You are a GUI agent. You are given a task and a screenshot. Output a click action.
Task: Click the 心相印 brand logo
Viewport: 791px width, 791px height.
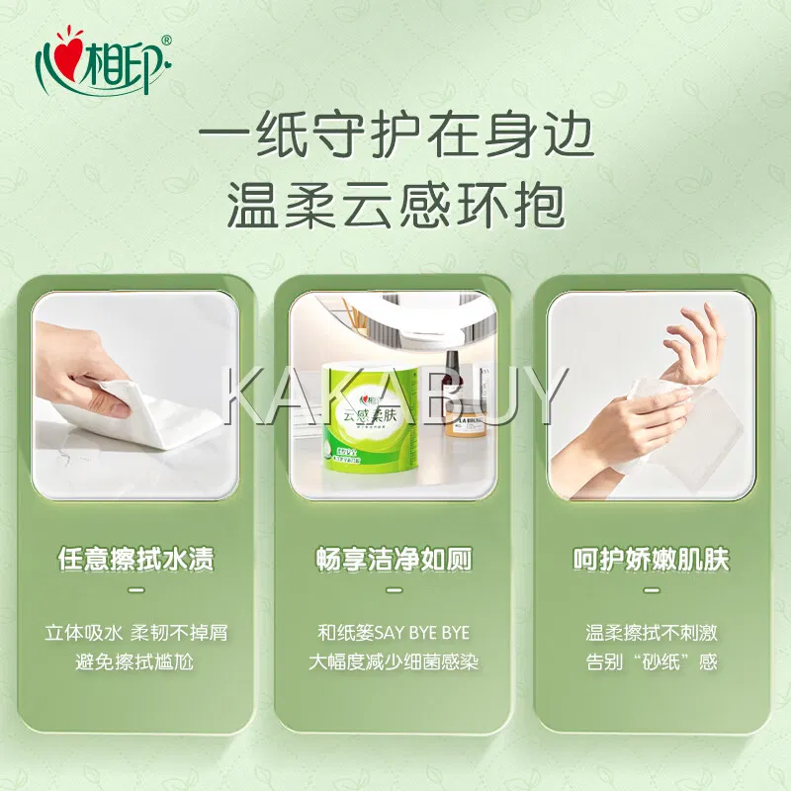pos(105,62)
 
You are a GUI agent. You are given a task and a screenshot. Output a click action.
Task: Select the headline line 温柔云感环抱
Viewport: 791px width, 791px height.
pos(396,206)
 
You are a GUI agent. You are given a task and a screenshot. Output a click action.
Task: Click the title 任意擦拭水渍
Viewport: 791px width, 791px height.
pos(135,559)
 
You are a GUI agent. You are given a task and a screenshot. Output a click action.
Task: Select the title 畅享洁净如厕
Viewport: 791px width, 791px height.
pos(394,559)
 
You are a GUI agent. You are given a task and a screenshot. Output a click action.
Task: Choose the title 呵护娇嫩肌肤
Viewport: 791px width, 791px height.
pos(652,559)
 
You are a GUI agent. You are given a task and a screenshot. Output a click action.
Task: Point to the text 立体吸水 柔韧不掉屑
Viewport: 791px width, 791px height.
pos(136,633)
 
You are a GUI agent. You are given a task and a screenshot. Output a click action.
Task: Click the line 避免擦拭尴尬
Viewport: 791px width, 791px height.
pos(134,661)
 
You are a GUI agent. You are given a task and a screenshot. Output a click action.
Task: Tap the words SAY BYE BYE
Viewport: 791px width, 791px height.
pos(422,633)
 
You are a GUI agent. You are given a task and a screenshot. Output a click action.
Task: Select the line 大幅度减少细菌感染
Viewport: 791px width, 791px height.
pos(394,661)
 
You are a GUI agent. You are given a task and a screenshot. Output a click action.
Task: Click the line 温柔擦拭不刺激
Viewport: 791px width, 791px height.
pos(652,633)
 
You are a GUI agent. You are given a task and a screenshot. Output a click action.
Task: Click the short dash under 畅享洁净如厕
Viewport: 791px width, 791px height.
pos(394,590)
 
